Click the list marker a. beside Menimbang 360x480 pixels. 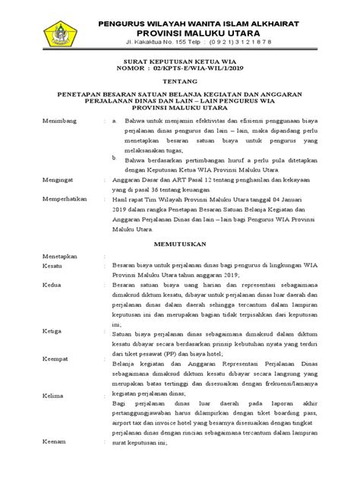[115, 121]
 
